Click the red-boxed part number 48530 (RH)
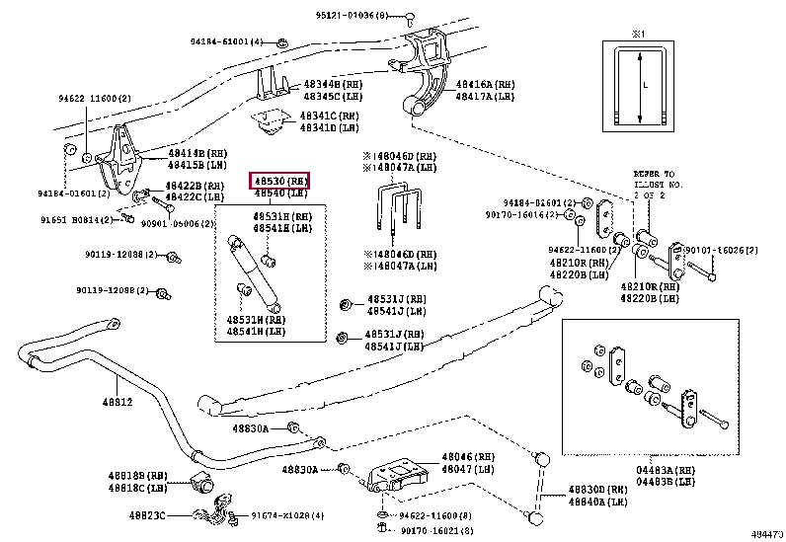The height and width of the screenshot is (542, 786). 280,181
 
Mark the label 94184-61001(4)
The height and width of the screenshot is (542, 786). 227,41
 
